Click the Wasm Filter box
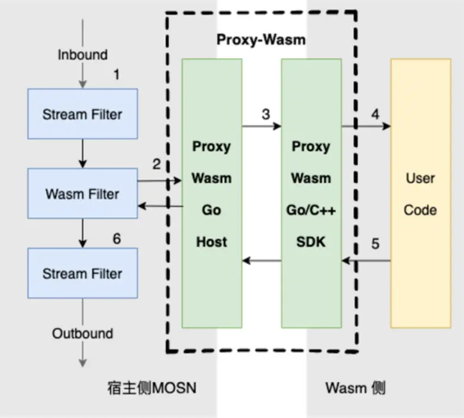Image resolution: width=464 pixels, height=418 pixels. (82, 193)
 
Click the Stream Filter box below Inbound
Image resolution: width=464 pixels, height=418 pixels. (82, 114)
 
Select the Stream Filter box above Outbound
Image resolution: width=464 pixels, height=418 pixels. (82, 273)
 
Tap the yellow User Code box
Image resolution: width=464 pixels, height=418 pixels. (420, 194)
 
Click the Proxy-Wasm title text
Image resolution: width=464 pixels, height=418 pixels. (260, 40)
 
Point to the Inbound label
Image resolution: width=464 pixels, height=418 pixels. (82, 55)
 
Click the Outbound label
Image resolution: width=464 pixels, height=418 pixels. (82, 333)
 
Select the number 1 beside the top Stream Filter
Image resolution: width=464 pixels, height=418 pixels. (117, 75)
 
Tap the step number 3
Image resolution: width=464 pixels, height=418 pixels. (266, 113)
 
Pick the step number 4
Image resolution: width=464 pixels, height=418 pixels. (375, 113)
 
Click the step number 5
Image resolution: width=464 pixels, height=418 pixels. (375, 242)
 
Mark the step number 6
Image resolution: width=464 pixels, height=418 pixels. (117, 239)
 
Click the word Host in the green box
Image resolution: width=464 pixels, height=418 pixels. (211, 242)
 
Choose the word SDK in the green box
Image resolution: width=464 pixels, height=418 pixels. (311, 242)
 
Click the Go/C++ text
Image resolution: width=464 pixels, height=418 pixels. (311, 210)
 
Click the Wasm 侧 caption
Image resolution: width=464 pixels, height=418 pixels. (355, 388)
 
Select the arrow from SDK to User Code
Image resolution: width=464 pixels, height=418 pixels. (366, 126)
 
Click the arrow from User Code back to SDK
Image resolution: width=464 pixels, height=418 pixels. (366, 260)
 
